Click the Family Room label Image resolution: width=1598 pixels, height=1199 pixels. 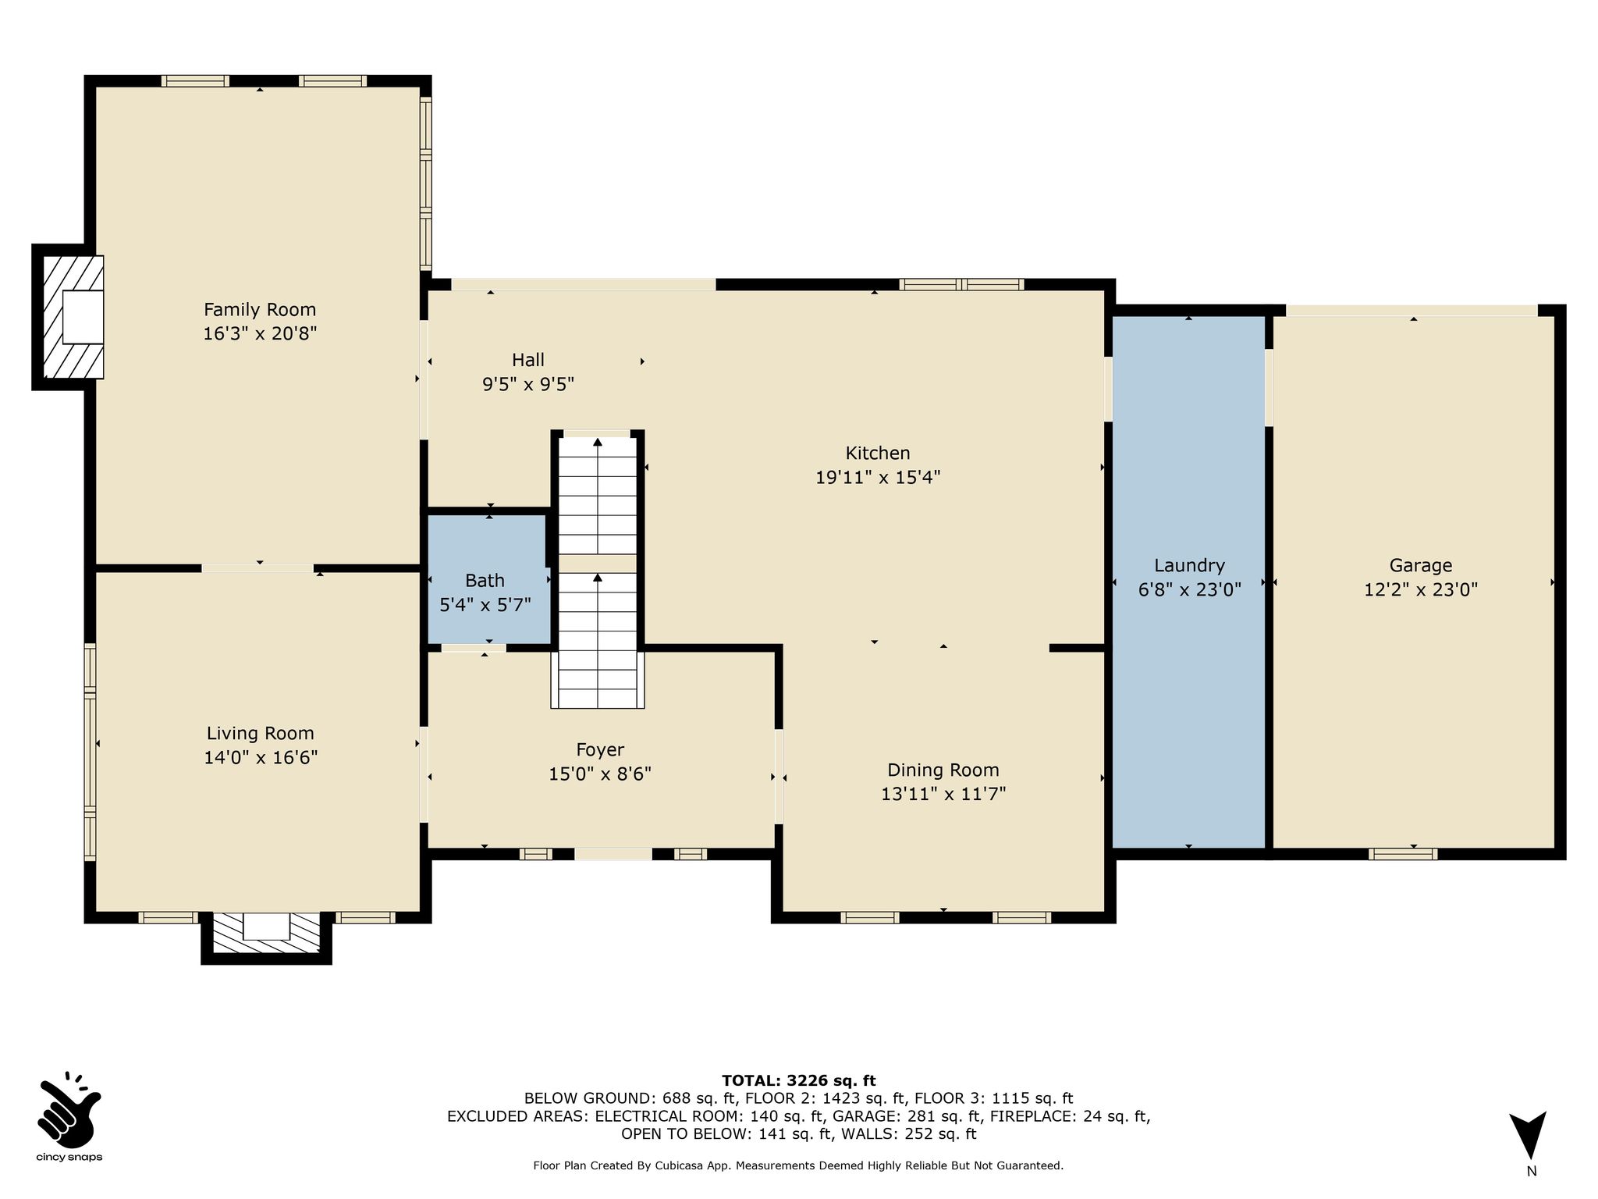[260, 309]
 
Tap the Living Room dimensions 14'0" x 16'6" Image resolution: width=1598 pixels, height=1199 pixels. [261, 757]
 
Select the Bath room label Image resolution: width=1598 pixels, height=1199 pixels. [485, 580]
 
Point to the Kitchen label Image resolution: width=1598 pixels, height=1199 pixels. [878, 453]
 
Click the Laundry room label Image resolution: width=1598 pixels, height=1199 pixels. [1189, 565]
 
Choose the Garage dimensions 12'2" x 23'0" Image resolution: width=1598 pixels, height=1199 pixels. [1421, 589]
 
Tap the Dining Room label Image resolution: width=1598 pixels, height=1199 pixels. [943, 770]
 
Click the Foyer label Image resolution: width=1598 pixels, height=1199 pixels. [600, 750]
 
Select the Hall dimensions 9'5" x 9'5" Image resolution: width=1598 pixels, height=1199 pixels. [528, 384]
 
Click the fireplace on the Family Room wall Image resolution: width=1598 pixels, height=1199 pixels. [68, 316]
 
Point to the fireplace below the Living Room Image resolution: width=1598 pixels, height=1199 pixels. [266, 937]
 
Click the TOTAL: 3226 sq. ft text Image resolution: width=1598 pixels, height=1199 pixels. [798, 1080]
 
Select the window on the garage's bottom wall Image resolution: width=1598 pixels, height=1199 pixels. [1403, 854]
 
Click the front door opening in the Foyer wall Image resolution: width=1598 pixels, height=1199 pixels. [613, 854]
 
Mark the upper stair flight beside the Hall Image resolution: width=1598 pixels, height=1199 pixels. [598, 495]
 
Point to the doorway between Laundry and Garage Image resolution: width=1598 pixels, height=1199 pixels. [1269, 387]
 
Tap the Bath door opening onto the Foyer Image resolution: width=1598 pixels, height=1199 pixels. [474, 648]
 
